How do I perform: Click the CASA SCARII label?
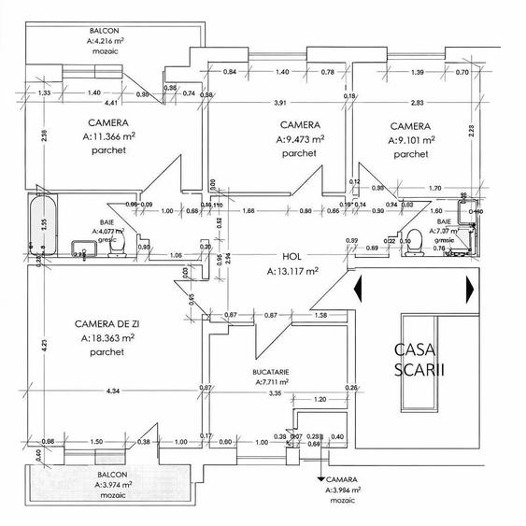point(419,359)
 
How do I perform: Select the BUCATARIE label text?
point(270,372)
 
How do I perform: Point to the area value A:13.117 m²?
point(291,272)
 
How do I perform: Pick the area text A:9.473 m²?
point(300,139)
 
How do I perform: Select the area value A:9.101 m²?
point(411,141)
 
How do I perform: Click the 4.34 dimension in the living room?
point(113,390)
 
